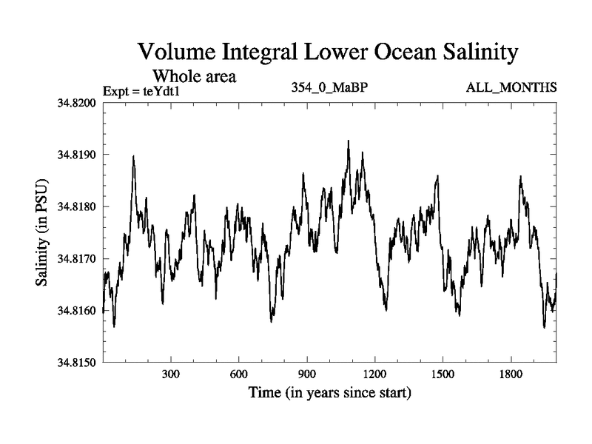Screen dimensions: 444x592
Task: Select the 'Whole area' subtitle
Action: point(194,76)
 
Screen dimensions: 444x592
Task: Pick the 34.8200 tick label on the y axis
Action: point(76,103)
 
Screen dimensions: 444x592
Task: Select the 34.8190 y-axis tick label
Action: point(76,155)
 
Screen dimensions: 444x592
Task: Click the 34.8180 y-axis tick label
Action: point(76,207)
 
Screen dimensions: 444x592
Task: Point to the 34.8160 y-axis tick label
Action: point(76,311)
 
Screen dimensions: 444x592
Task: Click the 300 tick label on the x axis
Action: point(171,375)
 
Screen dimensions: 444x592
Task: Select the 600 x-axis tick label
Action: point(239,375)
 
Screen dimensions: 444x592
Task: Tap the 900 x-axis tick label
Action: point(307,375)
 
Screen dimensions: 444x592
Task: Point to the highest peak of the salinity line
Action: point(348,141)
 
